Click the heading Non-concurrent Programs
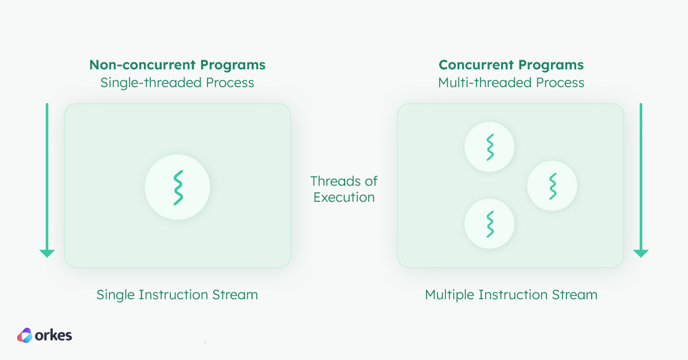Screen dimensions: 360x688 tap(177, 64)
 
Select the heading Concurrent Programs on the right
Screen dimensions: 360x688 tap(511, 64)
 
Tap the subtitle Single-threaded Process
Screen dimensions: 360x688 tap(177, 83)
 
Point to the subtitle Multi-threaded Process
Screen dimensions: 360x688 tap(511, 83)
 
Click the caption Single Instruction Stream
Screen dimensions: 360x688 tap(177, 295)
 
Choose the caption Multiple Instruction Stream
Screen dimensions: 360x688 tap(511, 295)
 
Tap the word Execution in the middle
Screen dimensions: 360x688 tap(344, 198)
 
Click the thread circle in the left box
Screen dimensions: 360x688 tap(177, 187)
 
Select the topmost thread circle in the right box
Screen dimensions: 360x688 tap(489, 147)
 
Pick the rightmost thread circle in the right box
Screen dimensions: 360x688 tap(552, 186)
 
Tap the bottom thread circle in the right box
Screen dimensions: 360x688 tap(489, 224)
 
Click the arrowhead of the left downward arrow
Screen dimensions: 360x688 tap(47, 253)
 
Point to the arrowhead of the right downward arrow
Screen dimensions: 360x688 tap(640, 253)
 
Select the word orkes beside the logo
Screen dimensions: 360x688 tap(54, 335)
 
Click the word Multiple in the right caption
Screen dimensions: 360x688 tap(449, 295)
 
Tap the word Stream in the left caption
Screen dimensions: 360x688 tap(235, 295)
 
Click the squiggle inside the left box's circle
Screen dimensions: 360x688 tap(178, 187)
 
